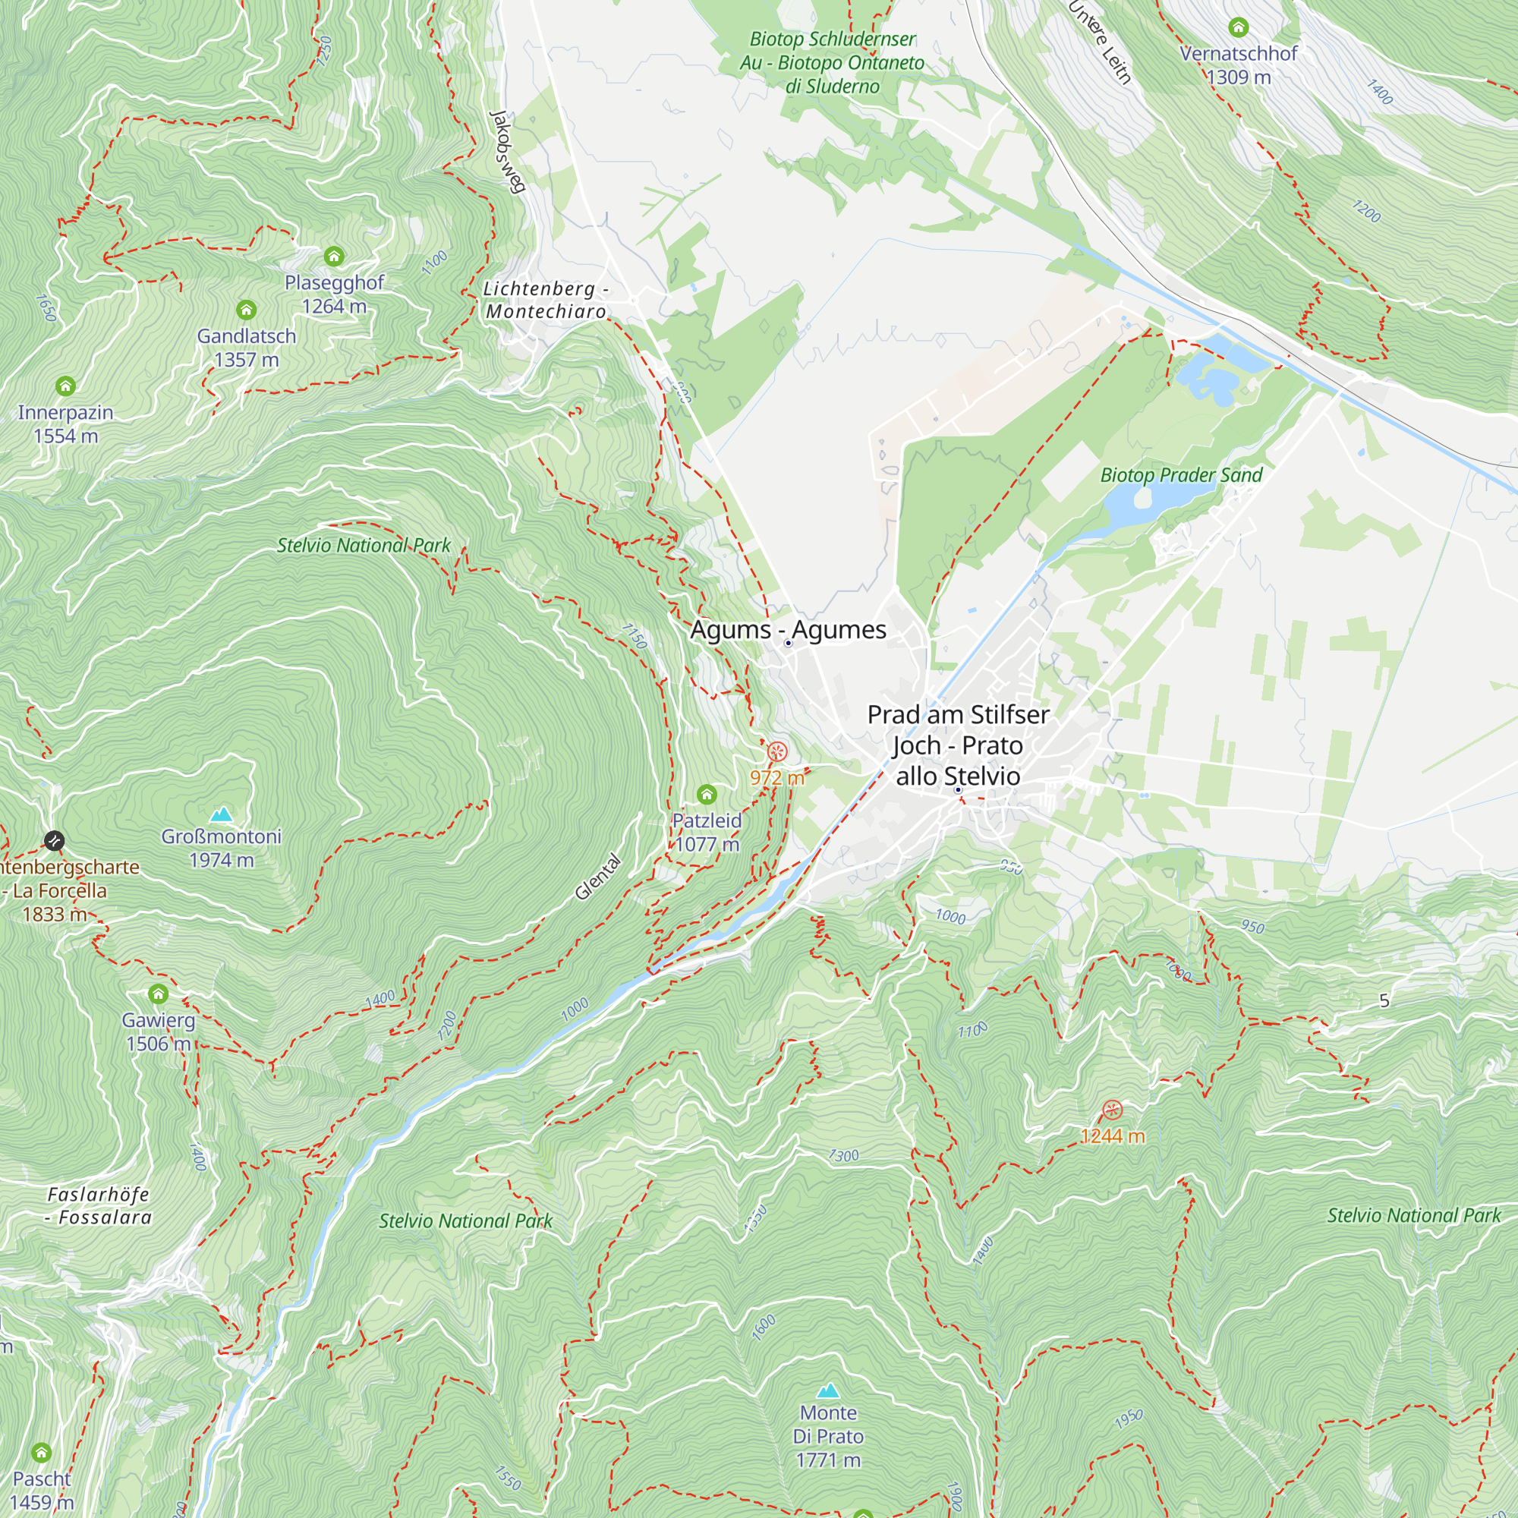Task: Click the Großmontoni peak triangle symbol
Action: tap(222, 814)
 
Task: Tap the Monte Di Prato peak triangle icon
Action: tap(827, 1390)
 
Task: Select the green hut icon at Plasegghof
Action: tap(334, 256)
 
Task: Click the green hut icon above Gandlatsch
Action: tap(246, 310)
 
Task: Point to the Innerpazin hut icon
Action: tap(65, 386)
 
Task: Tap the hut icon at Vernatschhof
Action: tap(1238, 27)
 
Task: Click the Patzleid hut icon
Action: tap(707, 795)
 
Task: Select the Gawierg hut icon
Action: tap(158, 994)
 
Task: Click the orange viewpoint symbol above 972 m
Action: tap(776, 752)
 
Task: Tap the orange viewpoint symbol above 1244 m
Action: tap(1112, 1110)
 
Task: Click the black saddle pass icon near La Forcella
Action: tap(53, 841)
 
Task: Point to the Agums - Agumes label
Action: tap(788, 629)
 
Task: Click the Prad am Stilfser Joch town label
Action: tap(958, 745)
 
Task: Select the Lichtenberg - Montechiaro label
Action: tap(546, 300)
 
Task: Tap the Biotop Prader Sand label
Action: tap(1181, 474)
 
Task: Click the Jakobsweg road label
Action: tap(507, 151)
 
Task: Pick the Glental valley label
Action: tap(598, 876)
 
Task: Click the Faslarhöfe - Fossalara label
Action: tap(99, 1205)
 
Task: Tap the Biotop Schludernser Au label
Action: tap(832, 62)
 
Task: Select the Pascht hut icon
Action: tap(41, 1453)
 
